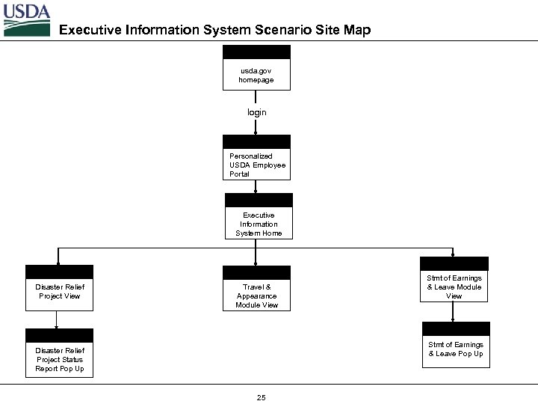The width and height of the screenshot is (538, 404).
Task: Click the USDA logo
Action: pyautogui.click(x=26, y=19)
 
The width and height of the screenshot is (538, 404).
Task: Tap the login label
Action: pyautogui.click(x=256, y=112)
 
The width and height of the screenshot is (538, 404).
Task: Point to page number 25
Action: pyautogui.click(x=261, y=397)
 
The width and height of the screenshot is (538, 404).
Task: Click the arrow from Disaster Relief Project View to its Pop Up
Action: pyautogui.click(x=57, y=319)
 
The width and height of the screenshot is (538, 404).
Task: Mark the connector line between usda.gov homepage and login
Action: pyautogui.click(x=256, y=98)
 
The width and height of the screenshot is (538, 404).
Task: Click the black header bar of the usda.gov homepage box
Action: pyautogui.click(x=256, y=52)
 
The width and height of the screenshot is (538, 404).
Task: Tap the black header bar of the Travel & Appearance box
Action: pyautogui.click(x=256, y=273)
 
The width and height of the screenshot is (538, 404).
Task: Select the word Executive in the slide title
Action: pyautogui.click(x=90, y=30)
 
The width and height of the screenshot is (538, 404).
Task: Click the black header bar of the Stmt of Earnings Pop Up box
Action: pyautogui.click(x=456, y=329)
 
